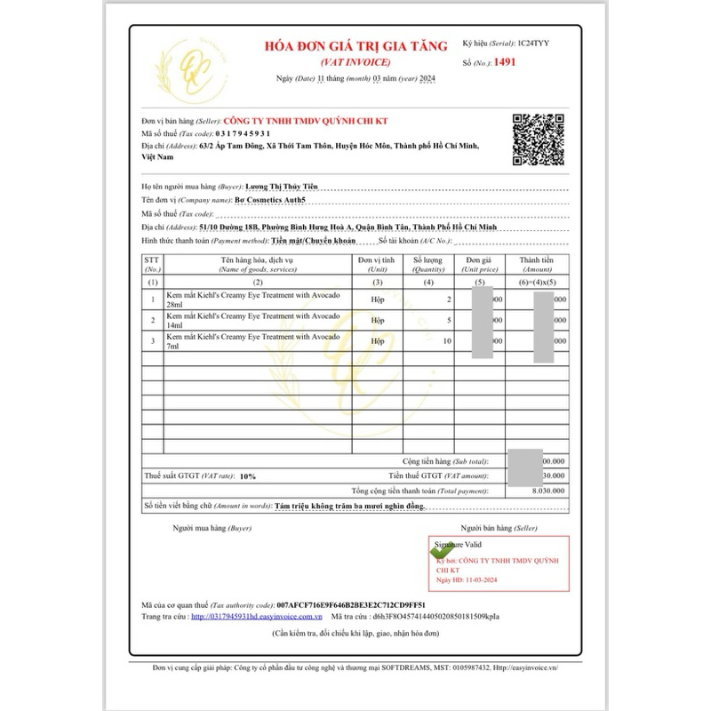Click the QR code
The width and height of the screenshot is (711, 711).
pos(539,140)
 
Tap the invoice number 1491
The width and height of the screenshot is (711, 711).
pos(504,62)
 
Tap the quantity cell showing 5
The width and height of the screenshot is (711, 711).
pos(449,320)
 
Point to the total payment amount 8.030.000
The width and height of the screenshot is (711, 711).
pos(544,491)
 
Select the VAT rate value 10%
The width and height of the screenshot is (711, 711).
pos(247,476)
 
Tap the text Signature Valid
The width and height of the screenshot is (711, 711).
pos(459,542)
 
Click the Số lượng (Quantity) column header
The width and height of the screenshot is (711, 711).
pos(427,264)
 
